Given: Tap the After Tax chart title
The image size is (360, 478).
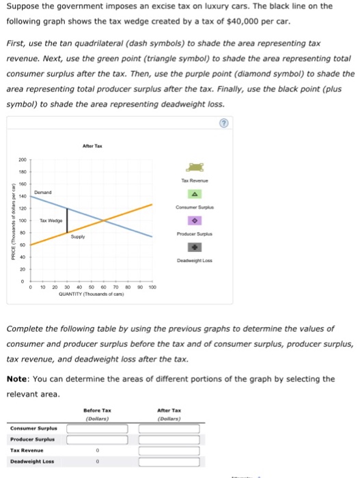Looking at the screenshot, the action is [x=92, y=145].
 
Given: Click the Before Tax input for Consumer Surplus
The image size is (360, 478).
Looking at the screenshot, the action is [x=98, y=428].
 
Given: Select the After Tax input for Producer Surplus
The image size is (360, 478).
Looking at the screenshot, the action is [x=169, y=439].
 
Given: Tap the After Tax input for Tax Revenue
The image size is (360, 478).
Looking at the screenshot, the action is [x=169, y=451].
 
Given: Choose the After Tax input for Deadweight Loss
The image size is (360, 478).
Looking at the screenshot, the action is [x=169, y=462].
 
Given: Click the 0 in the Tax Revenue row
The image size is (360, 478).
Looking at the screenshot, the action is [x=98, y=451].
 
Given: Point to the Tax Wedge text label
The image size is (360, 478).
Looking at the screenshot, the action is [x=51, y=221].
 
